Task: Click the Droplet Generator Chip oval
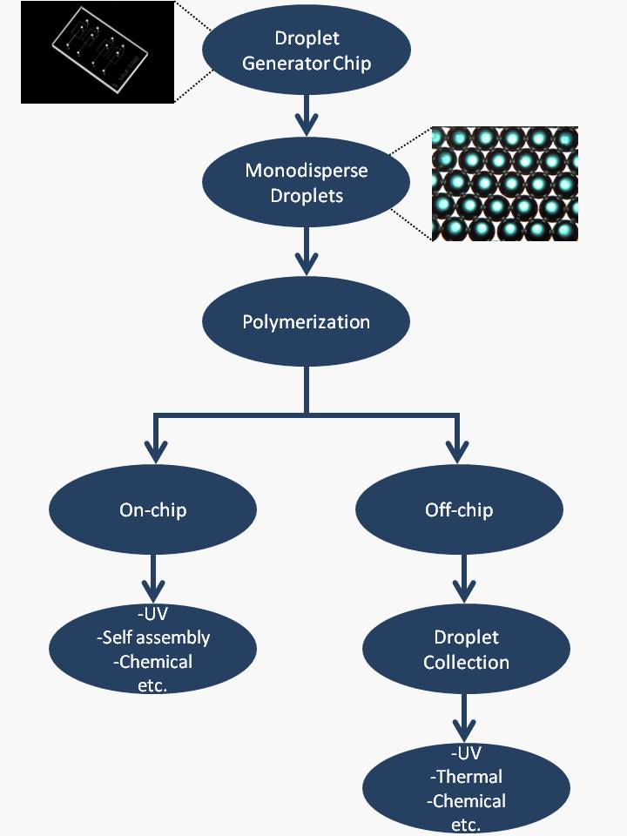pos(306,51)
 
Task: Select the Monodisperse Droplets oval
pos(306,183)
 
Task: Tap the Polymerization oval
pos(306,322)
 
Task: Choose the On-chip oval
pos(152,509)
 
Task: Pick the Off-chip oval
pos(459,509)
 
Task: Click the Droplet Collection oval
pos(466,650)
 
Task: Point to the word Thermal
pos(467,776)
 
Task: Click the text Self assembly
pos(153,637)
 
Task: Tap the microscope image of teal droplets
pos(505,184)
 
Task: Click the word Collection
pos(466,662)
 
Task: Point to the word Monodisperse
pos(306,171)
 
